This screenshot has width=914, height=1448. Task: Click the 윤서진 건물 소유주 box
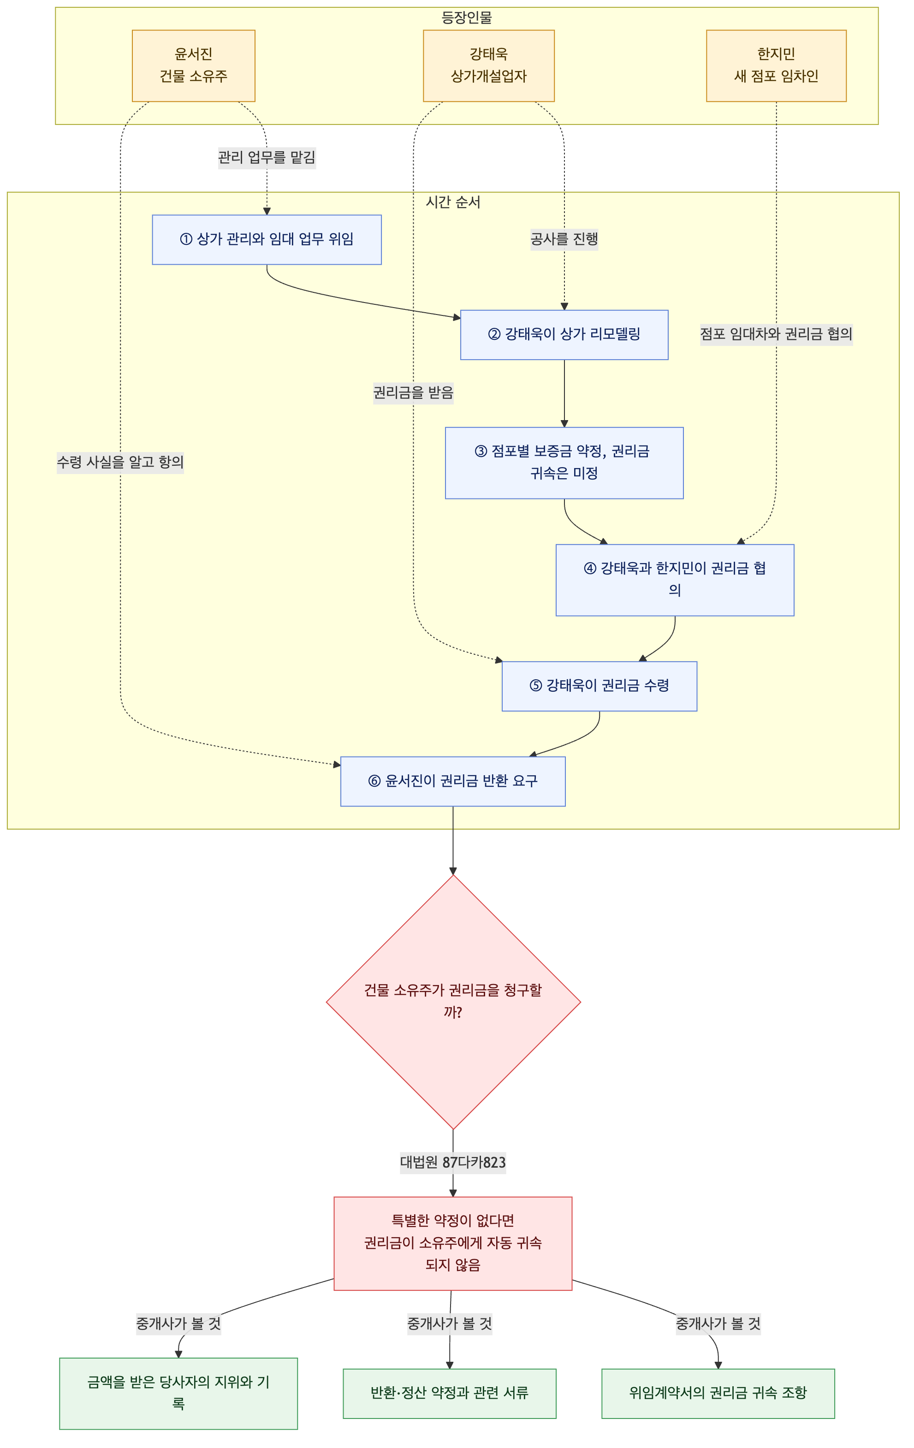(193, 65)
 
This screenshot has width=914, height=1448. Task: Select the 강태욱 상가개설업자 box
(488, 65)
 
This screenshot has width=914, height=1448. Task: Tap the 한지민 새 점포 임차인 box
(776, 65)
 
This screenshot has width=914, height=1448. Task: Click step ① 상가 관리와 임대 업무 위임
(267, 239)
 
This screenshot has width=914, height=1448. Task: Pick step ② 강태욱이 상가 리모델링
(564, 334)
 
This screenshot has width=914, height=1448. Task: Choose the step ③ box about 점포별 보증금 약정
(564, 463)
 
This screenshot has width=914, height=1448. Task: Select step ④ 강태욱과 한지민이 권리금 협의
(675, 580)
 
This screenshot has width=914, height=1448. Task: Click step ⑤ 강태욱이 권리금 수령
(599, 686)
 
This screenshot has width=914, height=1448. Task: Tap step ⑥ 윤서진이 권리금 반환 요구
(453, 781)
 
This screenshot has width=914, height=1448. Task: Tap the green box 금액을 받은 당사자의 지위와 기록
(178, 1393)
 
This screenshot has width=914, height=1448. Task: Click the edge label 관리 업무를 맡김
(267, 158)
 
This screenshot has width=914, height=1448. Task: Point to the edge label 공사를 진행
(564, 239)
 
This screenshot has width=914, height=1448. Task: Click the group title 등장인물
(467, 18)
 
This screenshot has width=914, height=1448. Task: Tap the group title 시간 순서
(453, 202)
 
